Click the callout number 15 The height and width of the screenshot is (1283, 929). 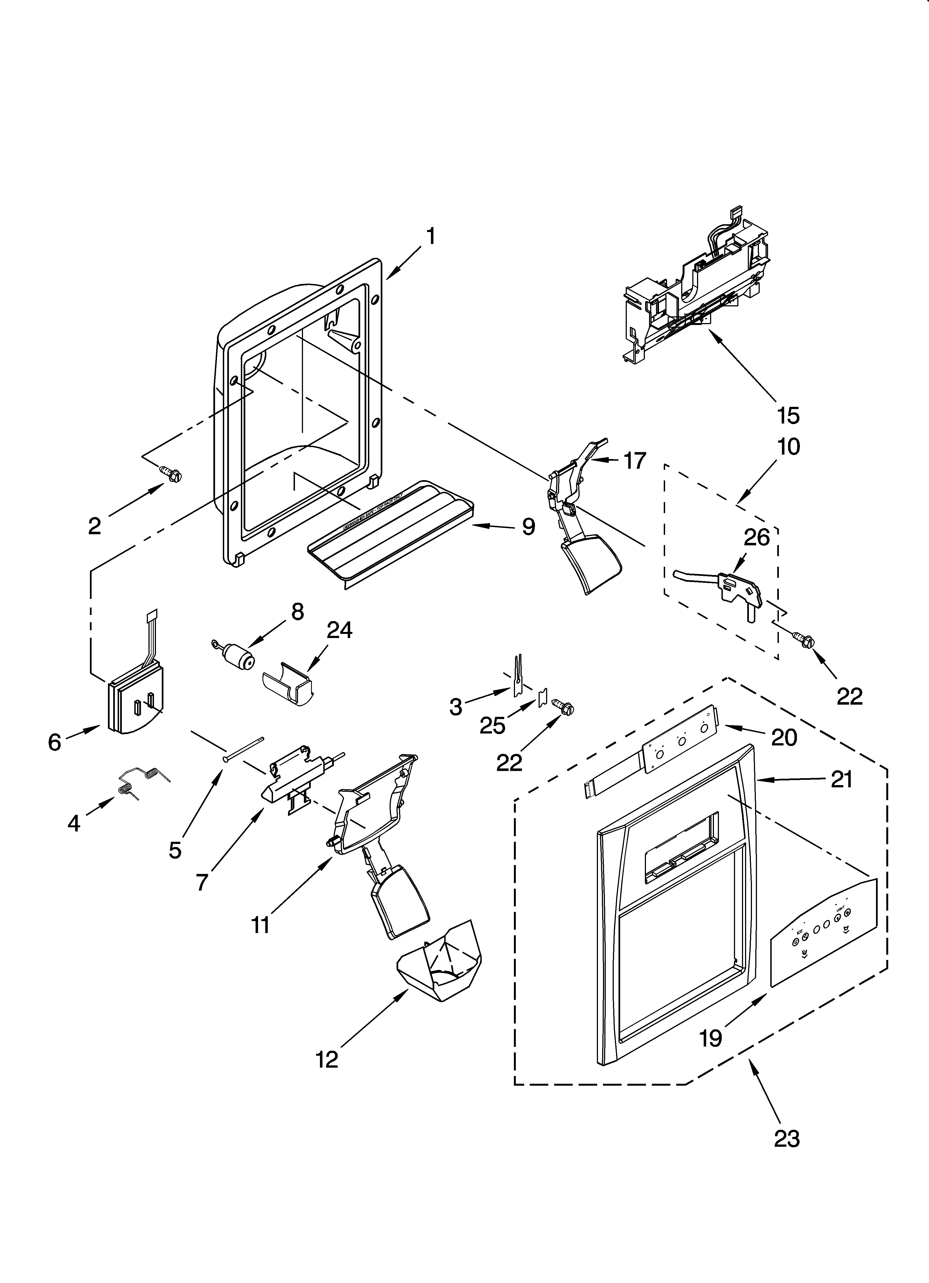pyautogui.click(x=788, y=415)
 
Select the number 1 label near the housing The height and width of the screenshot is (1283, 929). pyautogui.click(x=431, y=236)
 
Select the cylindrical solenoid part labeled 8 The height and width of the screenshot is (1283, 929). pyautogui.click(x=236, y=657)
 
